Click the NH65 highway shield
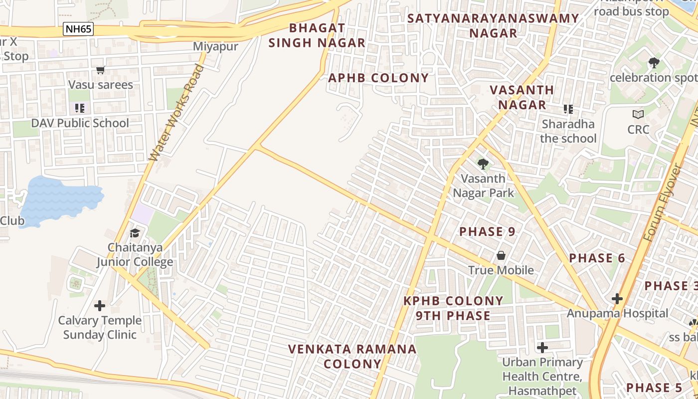[x=78, y=29]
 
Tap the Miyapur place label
[x=215, y=46]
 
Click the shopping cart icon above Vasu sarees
[x=101, y=70]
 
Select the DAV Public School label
[x=80, y=123]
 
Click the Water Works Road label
[x=177, y=113]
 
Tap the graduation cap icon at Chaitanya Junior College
[x=135, y=233]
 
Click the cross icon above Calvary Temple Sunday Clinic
[x=100, y=305]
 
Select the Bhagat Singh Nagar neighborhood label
[x=317, y=35]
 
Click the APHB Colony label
[x=378, y=78]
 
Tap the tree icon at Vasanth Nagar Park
[x=483, y=164]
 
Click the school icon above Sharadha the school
[x=568, y=109]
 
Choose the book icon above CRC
[x=638, y=115]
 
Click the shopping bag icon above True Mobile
[x=501, y=255]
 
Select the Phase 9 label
[x=487, y=231]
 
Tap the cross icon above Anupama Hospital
[x=617, y=299]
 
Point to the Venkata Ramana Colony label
[x=352, y=356]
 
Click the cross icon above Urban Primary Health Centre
[x=542, y=347]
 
